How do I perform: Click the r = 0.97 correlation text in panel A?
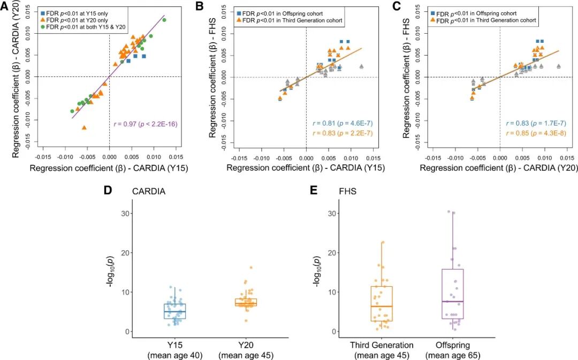coord(145,124)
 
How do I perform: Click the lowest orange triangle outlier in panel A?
coord(84,127)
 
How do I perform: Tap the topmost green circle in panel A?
coord(164,20)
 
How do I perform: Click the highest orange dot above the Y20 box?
coord(250,267)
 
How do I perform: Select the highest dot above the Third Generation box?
coord(383,242)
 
